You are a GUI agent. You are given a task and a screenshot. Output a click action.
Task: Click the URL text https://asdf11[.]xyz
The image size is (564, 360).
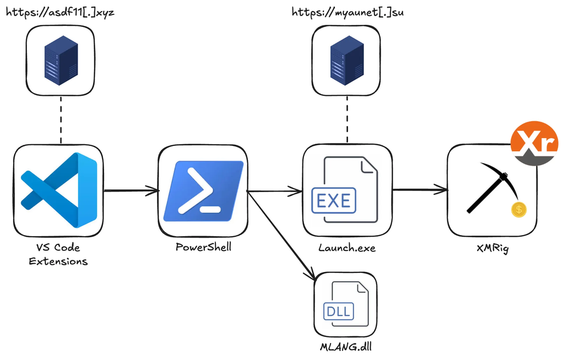[x=60, y=13]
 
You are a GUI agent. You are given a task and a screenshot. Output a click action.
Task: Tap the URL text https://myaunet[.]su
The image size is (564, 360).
[x=348, y=13]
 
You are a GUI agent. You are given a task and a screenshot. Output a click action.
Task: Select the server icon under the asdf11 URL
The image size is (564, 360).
[x=61, y=60]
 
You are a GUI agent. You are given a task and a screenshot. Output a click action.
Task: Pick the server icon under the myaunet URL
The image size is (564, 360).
[x=347, y=60]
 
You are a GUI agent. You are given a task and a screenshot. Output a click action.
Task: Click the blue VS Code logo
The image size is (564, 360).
[x=58, y=190]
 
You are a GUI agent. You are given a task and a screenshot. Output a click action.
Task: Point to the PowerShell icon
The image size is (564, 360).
[x=203, y=191]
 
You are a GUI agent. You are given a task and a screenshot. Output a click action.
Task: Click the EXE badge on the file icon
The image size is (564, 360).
[x=334, y=200]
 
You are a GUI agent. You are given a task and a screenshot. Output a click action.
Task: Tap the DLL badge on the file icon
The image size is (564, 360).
[x=339, y=311]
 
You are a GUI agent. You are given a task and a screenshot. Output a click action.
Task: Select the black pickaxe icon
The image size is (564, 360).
[x=492, y=187]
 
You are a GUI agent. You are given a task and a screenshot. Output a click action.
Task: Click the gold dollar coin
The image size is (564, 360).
[x=519, y=210]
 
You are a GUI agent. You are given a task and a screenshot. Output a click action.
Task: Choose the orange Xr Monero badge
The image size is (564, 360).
[x=534, y=143]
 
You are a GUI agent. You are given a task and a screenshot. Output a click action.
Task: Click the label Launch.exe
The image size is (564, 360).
[x=347, y=248]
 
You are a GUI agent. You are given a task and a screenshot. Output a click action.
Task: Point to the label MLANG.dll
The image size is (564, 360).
[x=346, y=347]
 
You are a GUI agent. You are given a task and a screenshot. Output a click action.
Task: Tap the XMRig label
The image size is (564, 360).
[x=492, y=248]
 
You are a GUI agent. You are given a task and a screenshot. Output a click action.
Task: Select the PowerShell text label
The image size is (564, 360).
[x=203, y=247]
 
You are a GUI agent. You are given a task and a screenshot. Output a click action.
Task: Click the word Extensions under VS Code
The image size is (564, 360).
[x=58, y=261]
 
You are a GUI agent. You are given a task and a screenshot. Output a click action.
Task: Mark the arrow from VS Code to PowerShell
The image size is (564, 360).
[x=131, y=190]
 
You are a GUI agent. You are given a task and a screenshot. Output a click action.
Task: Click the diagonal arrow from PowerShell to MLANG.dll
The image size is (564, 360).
[x=281, y=235]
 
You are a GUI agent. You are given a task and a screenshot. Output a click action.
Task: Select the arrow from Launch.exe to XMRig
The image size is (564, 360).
[x=420, y=189]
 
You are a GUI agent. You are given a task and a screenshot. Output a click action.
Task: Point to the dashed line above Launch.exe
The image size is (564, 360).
[x=347, y=120]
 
